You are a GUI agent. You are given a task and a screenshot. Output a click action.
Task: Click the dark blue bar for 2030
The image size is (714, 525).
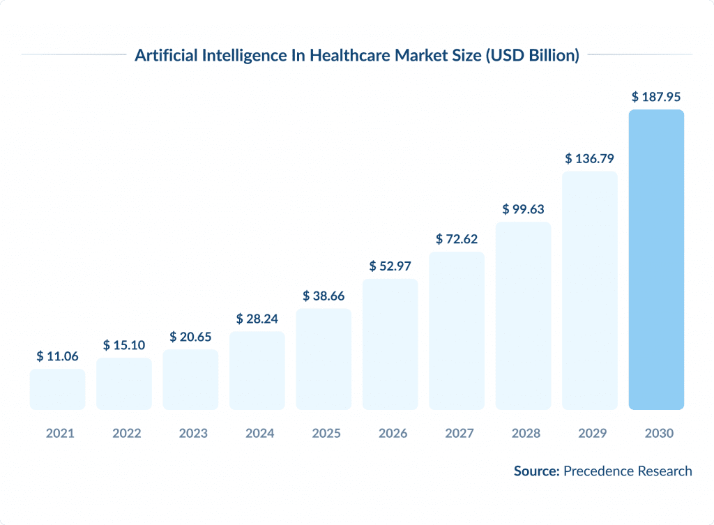click(656, 259)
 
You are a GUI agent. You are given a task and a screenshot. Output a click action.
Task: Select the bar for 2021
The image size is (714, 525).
click(57, 389)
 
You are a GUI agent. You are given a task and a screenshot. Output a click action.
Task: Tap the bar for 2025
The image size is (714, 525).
click(324, 358)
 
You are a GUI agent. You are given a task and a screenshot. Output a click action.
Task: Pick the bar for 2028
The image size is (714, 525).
click(523, 315)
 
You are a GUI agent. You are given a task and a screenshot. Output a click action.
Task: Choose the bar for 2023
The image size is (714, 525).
click(190, 379)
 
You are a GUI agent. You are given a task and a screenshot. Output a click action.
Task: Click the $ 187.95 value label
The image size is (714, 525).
click(656, 97)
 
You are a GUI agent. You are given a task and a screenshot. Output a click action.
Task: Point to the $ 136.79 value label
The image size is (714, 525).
click(589, 158)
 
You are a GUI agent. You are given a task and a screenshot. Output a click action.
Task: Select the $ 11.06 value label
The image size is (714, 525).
click(57, 356)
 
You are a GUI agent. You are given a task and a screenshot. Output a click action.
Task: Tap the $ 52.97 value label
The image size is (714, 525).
click(390, 266)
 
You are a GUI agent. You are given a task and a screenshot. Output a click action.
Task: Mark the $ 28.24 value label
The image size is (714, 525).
click(257, 319)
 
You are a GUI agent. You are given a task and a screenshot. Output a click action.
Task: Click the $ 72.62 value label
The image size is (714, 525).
click(456, 239)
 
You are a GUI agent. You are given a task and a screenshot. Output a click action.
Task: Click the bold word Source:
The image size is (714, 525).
click(537, 471)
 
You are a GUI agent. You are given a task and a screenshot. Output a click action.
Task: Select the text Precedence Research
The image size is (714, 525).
click(628, 471)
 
